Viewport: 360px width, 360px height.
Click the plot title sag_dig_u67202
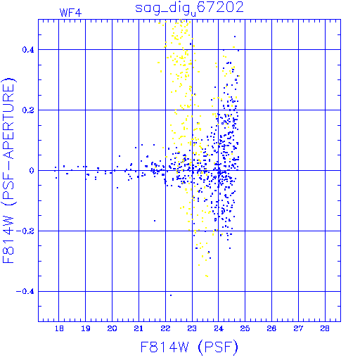189,8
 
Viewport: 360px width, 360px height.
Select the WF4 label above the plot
70,13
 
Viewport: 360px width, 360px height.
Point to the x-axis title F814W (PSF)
189,347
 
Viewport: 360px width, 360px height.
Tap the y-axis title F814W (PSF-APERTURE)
9,171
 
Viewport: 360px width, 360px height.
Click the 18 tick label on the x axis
59,328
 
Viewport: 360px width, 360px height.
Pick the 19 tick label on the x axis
86,328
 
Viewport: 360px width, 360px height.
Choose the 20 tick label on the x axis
112,328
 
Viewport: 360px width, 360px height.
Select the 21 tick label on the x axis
139,328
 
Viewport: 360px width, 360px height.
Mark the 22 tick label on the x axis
165,328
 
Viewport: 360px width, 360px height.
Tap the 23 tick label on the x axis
192,328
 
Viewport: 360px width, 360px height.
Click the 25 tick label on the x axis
245,328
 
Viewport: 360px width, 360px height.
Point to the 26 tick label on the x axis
271,328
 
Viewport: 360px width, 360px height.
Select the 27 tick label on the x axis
298,328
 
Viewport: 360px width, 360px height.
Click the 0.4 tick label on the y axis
28,50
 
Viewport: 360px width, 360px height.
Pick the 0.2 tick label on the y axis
28,110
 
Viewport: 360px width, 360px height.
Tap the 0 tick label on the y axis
32,171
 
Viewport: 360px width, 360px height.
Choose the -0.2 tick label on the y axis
25,231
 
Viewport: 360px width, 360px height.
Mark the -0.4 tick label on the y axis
25,292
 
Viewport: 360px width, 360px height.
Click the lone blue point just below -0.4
171,295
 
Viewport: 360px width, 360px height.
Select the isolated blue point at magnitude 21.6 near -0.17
155,221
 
